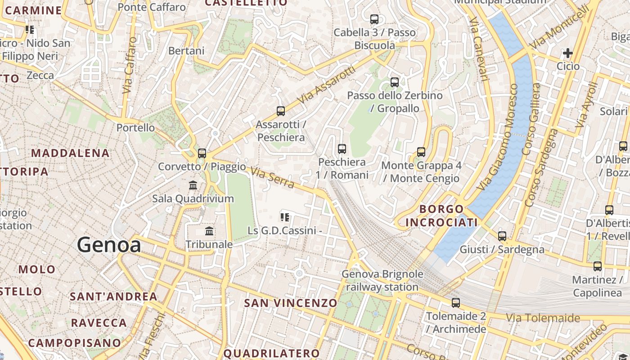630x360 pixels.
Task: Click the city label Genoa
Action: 109,245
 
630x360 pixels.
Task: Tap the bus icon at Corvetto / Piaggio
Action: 202,153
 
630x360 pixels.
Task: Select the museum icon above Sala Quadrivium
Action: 193,185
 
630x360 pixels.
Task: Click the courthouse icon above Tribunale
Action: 209,231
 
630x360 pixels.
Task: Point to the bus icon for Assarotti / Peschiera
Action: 281,111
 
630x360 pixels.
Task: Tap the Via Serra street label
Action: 273,178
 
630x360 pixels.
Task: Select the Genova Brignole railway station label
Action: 382,280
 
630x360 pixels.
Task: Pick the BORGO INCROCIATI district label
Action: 441,216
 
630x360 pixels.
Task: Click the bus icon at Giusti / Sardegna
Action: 502,236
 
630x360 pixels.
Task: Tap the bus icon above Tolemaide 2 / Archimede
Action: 456,303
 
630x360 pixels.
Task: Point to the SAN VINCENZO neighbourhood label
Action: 290,303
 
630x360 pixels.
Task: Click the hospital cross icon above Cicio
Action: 568,54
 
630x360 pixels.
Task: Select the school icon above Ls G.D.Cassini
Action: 284,218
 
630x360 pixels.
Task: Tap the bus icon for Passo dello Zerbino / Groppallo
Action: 395,82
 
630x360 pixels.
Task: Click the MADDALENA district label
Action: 70,153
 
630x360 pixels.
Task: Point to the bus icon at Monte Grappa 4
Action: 421,152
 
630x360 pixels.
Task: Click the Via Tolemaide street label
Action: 543,319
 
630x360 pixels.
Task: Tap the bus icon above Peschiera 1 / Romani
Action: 342,149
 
